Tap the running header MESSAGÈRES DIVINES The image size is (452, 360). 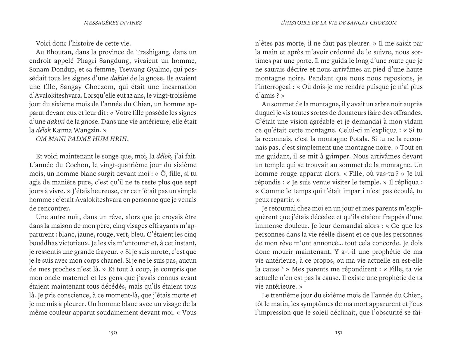[113, 23]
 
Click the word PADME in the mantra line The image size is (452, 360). [81, 139]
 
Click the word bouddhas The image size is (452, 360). [42, 243]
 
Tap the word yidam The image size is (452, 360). [413, 122]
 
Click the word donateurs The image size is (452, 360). [342, 113]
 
